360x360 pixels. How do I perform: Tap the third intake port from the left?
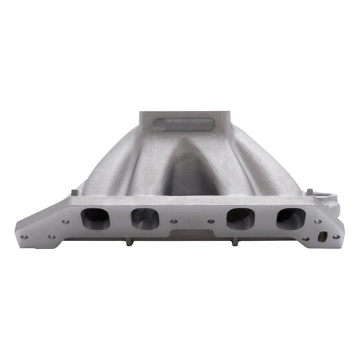[x=240, y=218]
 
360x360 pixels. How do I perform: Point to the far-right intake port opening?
[x=289, y=218]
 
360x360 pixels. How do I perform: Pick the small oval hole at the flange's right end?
[x=322, y=236]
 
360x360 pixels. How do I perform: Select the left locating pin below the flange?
[x=130, y=241]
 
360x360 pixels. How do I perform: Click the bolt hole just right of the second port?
[x=172, y=220]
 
